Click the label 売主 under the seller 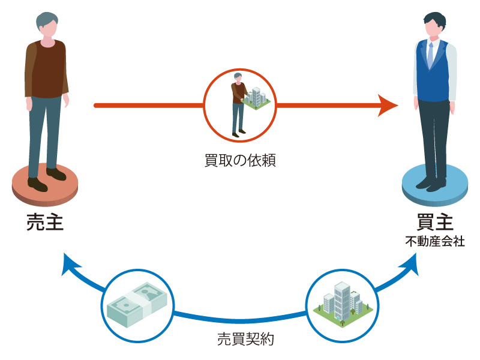[x=45, y=221]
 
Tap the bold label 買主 [x=434, y=221]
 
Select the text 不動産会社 [x=434, y=242]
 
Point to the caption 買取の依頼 [x=240, y=161]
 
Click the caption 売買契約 [x=240, y=339]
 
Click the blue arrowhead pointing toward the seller [x=70, y=263]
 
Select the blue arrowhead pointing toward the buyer [x=410, y=263]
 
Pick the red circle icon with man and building [x=240, y=106]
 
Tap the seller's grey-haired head [x=47, y=26]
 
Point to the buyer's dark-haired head [x=433, y=25]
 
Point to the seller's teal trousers [x=45, y=132]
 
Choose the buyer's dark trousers [x=433, y=138]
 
